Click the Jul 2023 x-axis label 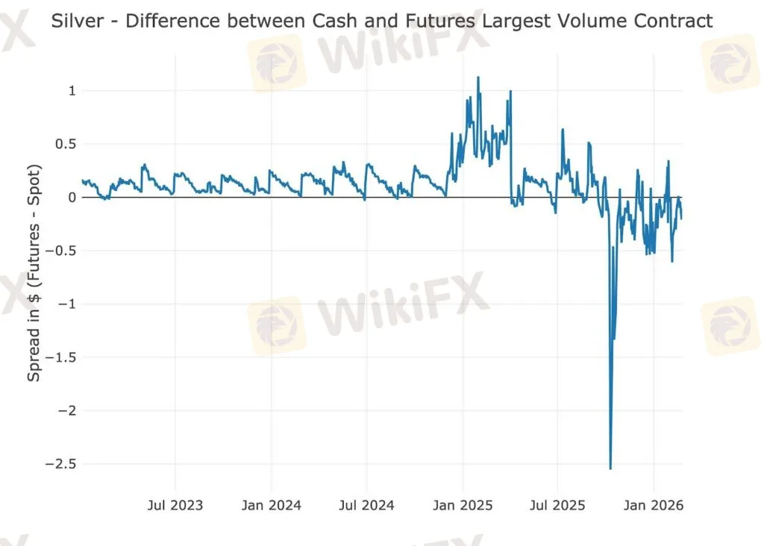175,506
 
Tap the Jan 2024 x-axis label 272,506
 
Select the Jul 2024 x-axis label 367,506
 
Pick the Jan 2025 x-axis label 463,506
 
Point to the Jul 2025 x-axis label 557,506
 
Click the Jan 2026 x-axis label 654,506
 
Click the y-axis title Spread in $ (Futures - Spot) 34,272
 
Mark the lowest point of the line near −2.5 610,468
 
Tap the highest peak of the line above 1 478,77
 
